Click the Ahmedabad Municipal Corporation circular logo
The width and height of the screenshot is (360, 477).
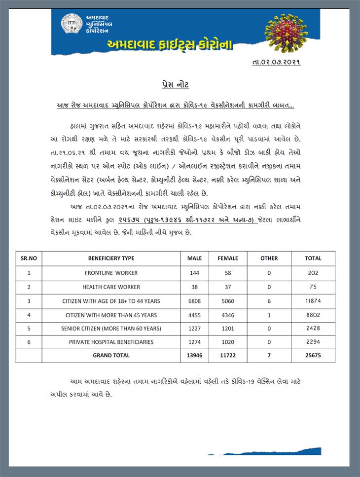point(72,24)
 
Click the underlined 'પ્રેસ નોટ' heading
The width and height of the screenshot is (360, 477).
point(175,85)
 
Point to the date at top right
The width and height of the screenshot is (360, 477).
point(276,62)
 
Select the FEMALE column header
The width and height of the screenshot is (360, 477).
point(228,258)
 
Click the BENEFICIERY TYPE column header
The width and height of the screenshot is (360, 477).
point(111,258)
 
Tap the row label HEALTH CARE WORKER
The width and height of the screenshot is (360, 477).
point(111,287)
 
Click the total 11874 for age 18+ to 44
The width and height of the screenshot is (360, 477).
point(313,301)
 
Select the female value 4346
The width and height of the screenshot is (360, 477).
point(228,314)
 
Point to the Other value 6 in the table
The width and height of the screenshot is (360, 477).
point(269,301)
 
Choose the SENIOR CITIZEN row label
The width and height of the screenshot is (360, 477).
point(111,328)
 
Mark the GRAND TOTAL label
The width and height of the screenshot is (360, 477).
point(111,355)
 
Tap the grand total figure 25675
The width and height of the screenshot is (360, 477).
point(313,355)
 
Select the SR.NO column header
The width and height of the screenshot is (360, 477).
point(29,258)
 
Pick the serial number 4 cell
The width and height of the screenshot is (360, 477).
point(29,314)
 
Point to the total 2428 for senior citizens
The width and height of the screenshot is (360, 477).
point(313,328)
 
